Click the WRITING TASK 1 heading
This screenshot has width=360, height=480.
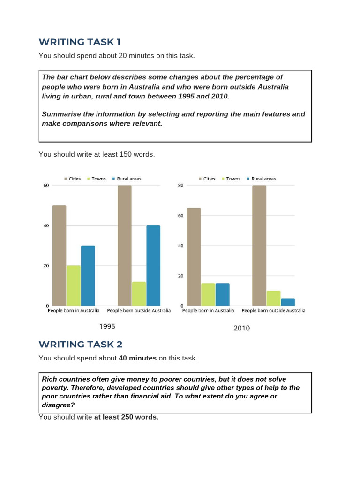[x=76, y=42]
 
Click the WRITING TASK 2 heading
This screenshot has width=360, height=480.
[x=80, y=345]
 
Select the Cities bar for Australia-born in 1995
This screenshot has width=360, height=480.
[x=59, y=255]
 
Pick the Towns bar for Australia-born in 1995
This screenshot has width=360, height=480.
[x=74, y=285]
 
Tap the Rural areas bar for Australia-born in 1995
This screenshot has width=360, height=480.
[x=88, y=276]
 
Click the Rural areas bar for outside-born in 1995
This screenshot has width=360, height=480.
[x=153, y=266]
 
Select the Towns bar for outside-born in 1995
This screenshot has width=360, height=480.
[x=139, y=294]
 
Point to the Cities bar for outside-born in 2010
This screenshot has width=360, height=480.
[x=259, y=246]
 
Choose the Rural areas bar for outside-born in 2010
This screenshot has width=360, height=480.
[x=288, y=302]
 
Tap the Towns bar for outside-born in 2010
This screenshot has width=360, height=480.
[x=273, y=298]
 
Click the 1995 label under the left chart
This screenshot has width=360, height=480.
[x=107, y=326]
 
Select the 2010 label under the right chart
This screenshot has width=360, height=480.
[x=242, y=328]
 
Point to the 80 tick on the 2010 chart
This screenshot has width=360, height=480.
[x=180, y=186]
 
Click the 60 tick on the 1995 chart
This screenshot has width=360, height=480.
[x=46, y=186]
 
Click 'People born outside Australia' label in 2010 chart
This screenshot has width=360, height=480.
[x=273, y=311]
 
